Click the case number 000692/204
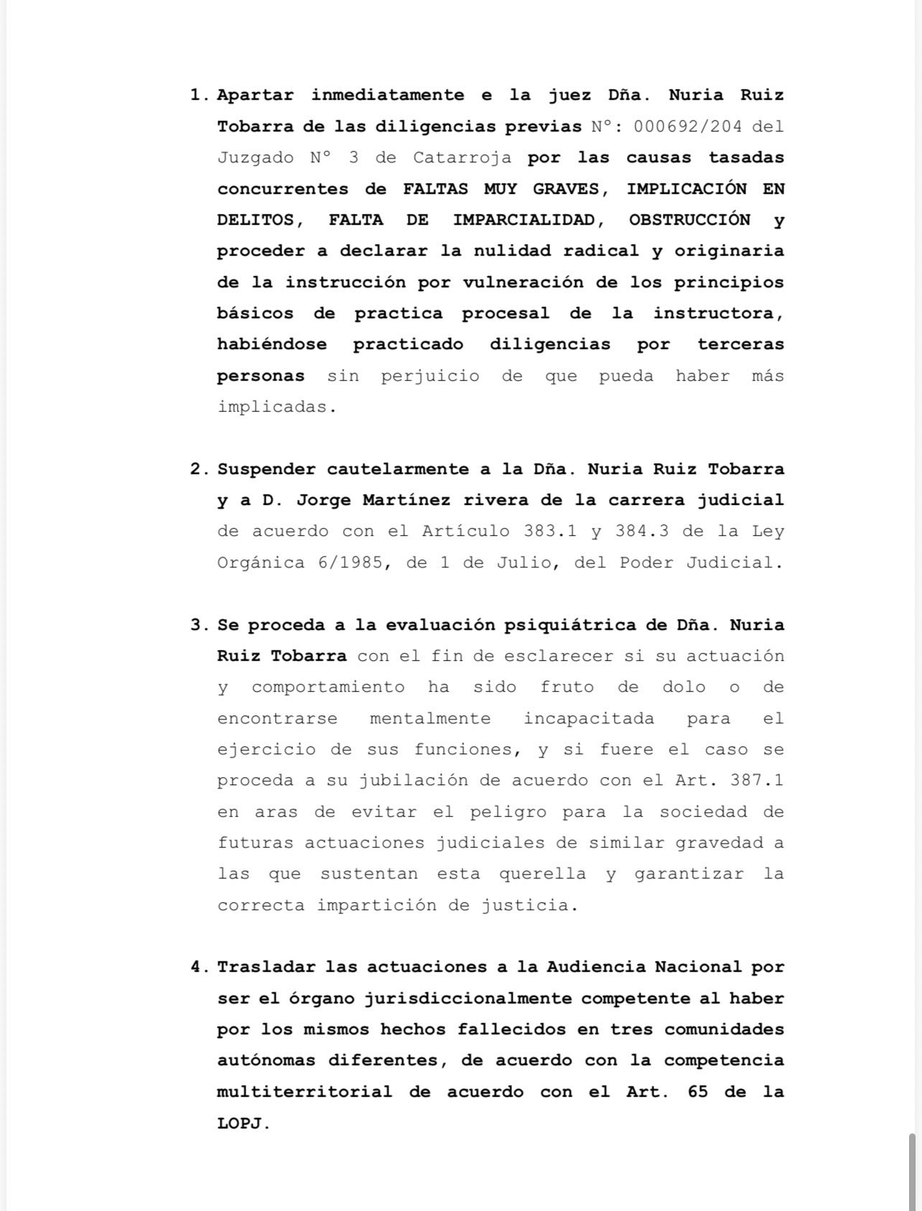click(x=688, y=126)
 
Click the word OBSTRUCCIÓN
click(x=689, y=220)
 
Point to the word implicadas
click(x=276, y=407)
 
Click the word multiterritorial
click(x=304, y=1092)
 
